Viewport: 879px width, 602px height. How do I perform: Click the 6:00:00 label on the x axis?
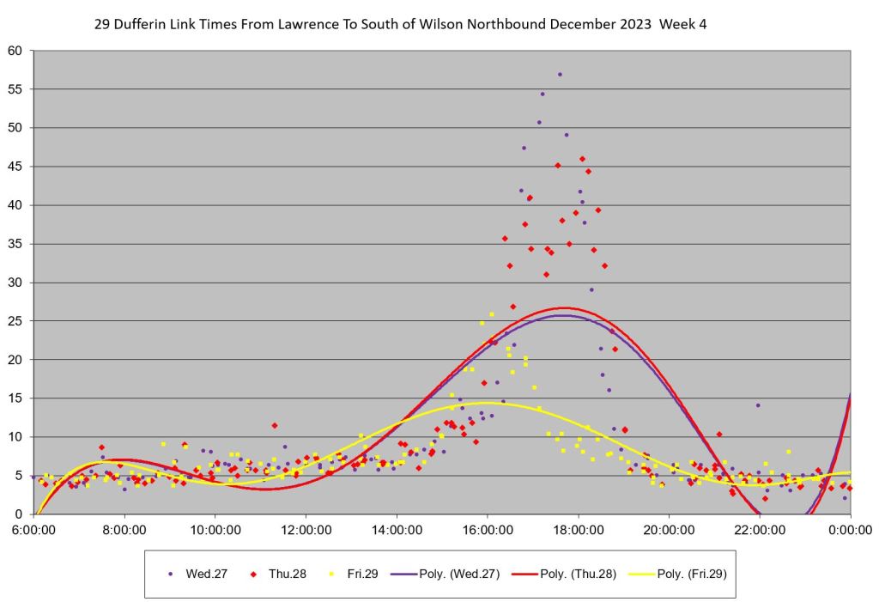pos(33,531)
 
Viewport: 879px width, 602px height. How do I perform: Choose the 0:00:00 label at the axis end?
pos(850,531)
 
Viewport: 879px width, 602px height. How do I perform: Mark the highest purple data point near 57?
pos(560,75)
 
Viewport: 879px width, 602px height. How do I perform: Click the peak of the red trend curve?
pos(563,308)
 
